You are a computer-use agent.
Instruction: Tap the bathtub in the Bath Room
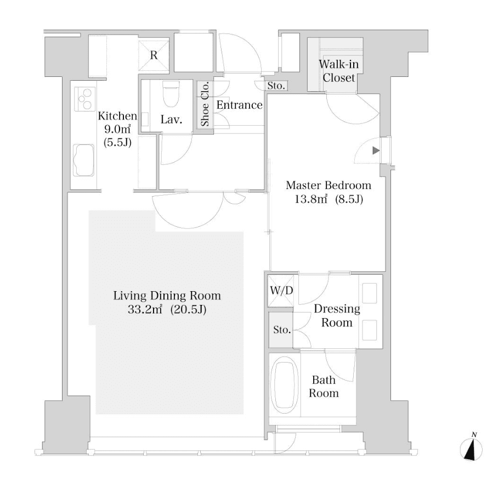283,385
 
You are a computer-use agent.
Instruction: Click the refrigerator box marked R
154,54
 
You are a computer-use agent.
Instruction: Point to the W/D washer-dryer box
280,291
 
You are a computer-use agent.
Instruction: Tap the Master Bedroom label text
329,185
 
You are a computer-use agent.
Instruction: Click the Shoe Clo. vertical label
205,104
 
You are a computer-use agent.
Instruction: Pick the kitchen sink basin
84,160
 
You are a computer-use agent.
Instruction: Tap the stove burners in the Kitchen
84,100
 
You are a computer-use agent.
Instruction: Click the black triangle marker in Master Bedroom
375,150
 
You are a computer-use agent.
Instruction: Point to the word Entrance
240,105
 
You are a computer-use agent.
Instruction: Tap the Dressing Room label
336,315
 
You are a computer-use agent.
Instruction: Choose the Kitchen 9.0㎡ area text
116,130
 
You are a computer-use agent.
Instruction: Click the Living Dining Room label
167,296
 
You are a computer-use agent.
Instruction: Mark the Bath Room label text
324,386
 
